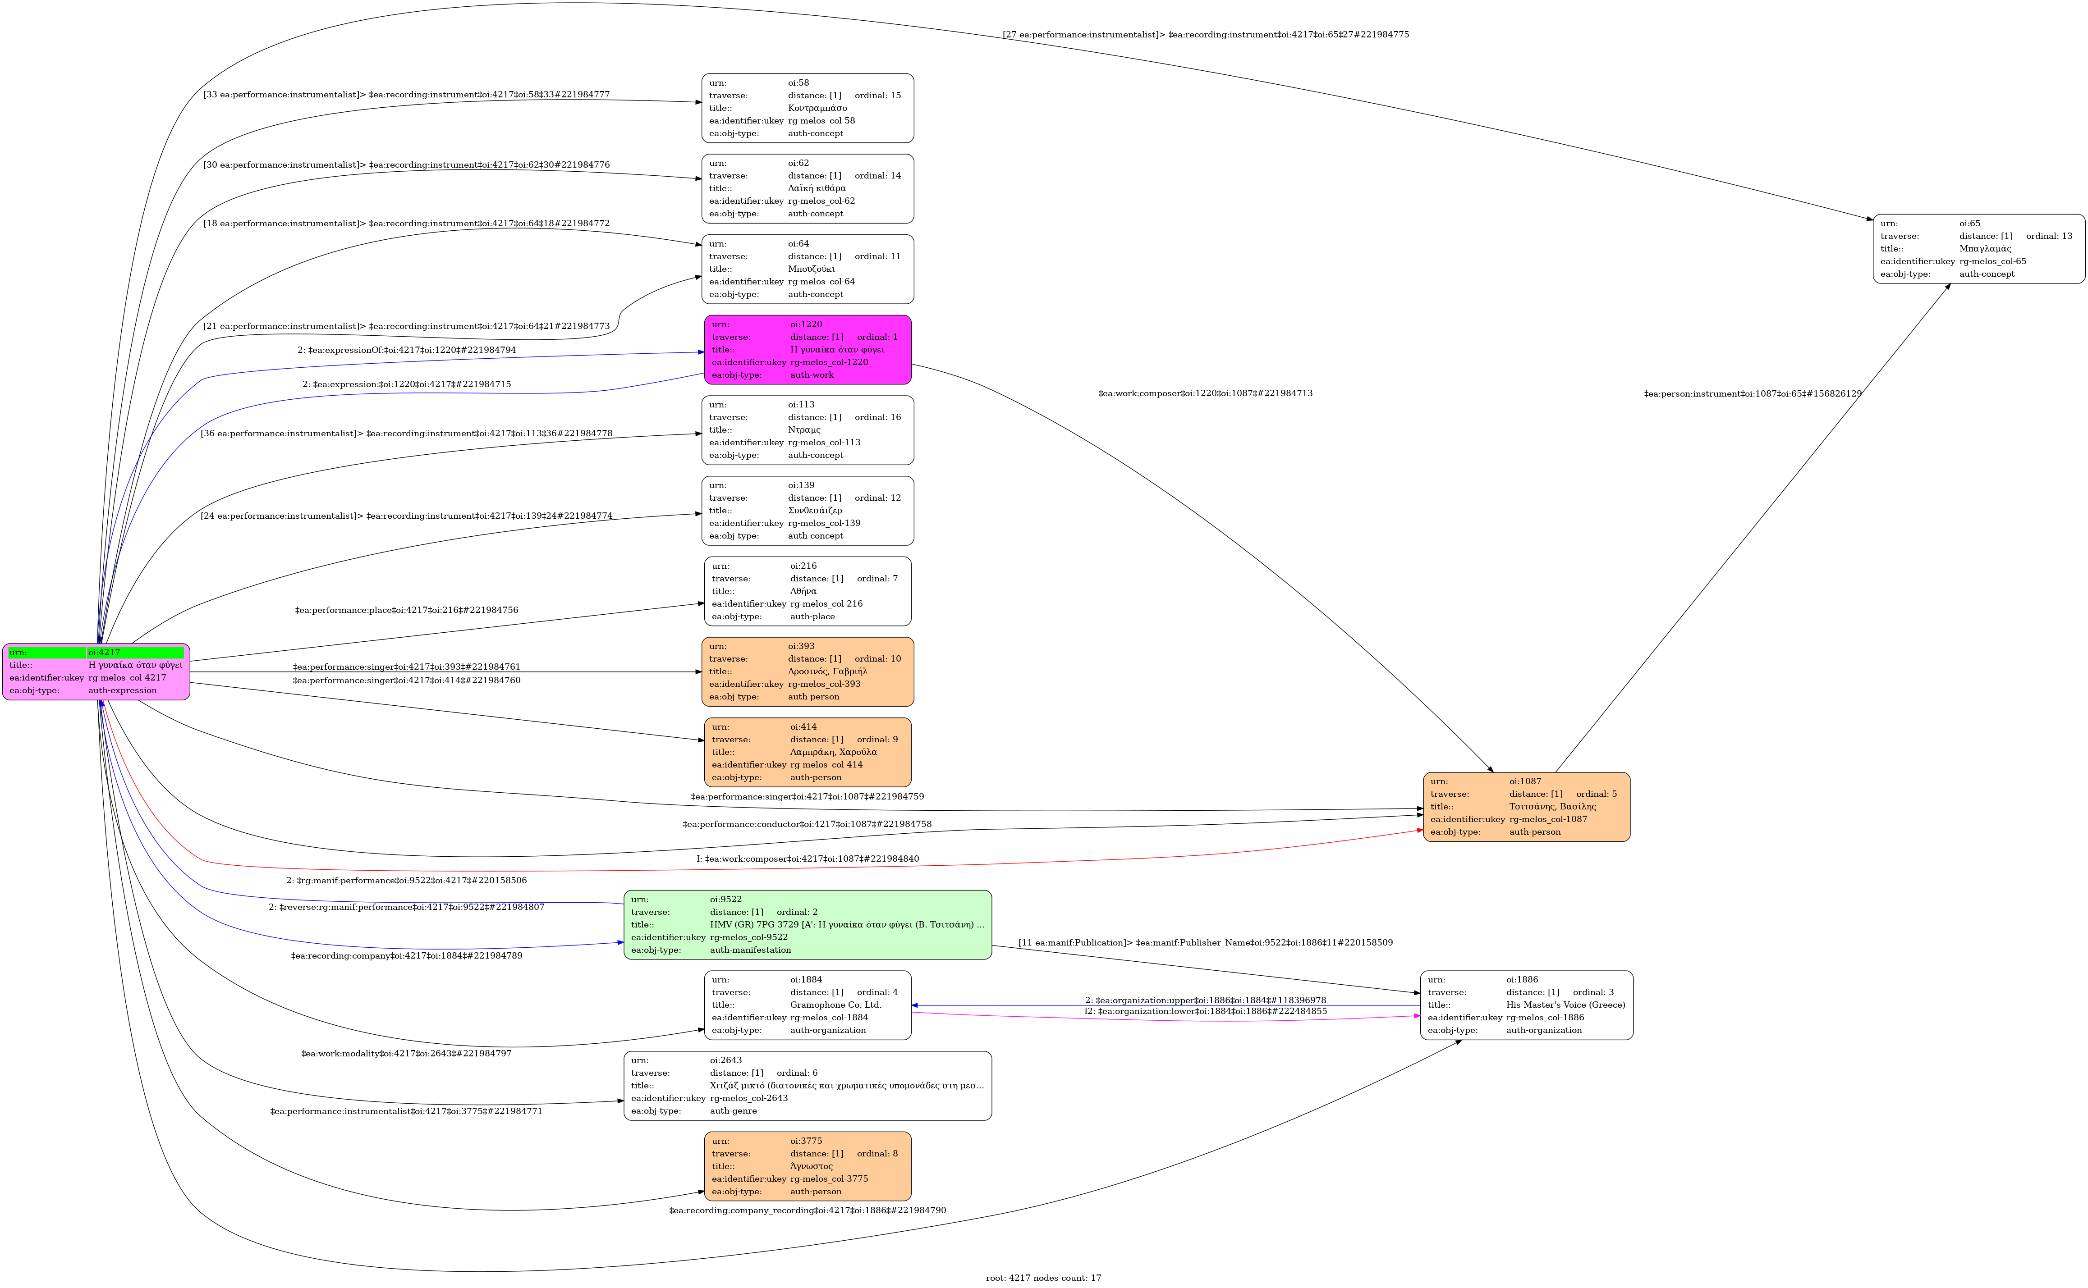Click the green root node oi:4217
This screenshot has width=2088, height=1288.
(x=96, y=671)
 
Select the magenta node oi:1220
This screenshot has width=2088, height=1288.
(x=808, y=349)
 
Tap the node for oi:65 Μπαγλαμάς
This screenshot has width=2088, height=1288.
(x=1979, y=249)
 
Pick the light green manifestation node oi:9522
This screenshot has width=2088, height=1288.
(x=808, y=924)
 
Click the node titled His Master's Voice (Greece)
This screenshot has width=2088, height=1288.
(x=1526, y=1005)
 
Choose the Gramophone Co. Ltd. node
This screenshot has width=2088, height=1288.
(x=808, y=1005)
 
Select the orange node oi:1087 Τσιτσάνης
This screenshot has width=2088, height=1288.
(x=1526, y=807)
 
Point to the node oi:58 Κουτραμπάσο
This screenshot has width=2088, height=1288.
(x=808, y=108)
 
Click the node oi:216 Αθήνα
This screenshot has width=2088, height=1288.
(x=808, y=591)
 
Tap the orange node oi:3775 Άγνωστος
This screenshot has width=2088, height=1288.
(x=808, y=1166)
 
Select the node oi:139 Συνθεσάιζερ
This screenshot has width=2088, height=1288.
(x=808, y=510)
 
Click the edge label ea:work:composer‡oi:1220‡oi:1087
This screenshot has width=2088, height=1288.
(x=1205, y=393)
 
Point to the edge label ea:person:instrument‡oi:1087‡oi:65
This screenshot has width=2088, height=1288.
(x=1752, y=393)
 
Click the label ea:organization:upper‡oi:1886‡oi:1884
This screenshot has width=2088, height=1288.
(x=1205, y=1000)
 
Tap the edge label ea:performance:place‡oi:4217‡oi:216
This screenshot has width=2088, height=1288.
(x=407, y=610)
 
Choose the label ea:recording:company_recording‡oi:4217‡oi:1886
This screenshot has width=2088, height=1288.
(x=807, y=1210)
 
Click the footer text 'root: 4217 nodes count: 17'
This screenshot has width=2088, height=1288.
(x=1043, y=1278)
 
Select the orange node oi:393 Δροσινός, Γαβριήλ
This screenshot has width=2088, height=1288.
(x=808, y=671)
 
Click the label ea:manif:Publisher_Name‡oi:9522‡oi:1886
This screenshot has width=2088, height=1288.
(x=1205, y=943)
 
